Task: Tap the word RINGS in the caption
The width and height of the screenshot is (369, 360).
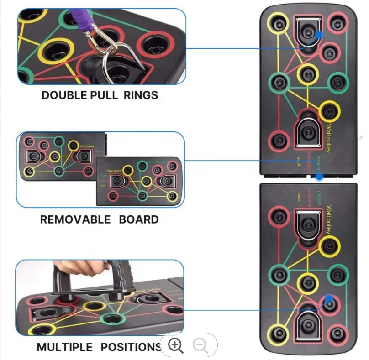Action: click(141, 95)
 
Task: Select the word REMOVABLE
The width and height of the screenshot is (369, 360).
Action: click(75, 219)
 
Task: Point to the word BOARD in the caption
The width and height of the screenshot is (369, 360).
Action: click(139, 219)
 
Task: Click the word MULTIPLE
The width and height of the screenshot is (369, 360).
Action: click(65, 347)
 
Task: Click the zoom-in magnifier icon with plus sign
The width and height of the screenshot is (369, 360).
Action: click(176, 345)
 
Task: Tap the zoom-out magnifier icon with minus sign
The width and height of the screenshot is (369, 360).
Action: click(200, 345)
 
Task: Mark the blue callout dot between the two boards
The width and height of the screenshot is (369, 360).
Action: click(320, 176)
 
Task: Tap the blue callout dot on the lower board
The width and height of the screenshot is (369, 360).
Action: click(328, 299)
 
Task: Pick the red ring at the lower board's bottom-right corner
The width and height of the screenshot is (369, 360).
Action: click(337, 332)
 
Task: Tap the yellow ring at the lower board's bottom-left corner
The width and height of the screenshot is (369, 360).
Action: click(278, 332)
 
